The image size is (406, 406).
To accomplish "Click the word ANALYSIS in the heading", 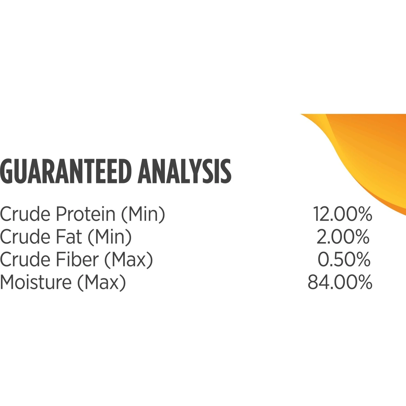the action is click(x=185, y=171).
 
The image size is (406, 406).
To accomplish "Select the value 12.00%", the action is click(x=343, y=214).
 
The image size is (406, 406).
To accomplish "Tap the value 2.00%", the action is click(x=343, y=237).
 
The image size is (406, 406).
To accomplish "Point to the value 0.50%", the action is click(x=344, y=259).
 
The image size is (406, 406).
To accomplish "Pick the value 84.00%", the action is click(x=340, y=282).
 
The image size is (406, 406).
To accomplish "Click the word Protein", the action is click(x=86, y=214).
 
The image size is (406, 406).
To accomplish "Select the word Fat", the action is click(x=69, y=237).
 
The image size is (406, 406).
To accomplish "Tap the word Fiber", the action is click(x=77, y=259).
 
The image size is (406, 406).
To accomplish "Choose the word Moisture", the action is click(x=36, y=282).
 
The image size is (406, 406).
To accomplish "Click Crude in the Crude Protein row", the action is click(x=25, y=214).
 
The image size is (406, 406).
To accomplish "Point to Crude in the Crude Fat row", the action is click(x=25, y=237).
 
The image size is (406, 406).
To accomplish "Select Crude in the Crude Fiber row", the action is click(x=25, y=259).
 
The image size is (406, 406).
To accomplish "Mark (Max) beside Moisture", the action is click(x=102, y=283).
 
